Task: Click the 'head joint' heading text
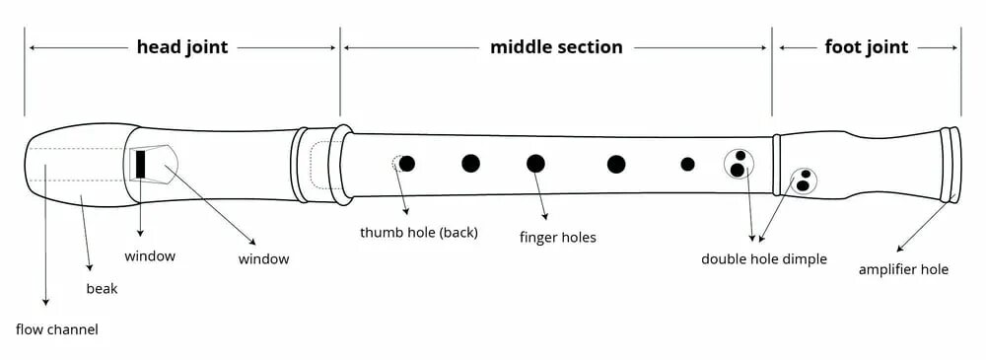(182, 47)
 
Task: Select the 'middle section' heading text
(556, 47)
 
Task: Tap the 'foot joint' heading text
(866, 47)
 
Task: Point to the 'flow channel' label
(57, 329)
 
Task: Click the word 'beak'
(102, 290)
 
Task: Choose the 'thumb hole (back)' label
(419, 233)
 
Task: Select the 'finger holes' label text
(558, 238)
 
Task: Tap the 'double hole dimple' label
(764, 259)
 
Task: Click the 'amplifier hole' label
(903, 268)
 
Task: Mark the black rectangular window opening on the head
(140, 164)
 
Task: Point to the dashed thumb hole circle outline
(396, 164)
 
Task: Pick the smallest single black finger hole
(687, 164)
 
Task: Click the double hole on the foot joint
(804, 180)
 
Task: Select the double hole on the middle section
(738, 163)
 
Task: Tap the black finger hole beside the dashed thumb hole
(407, 164)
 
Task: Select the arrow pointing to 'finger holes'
(541, 193)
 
